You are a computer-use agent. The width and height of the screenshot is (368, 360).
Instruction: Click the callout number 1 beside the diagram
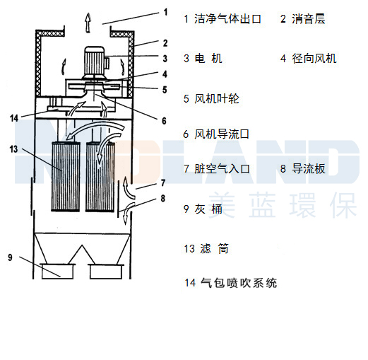[165, 12]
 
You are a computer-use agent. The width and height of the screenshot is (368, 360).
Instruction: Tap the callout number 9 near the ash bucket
[10, 257]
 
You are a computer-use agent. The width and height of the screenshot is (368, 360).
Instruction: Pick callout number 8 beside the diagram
[162, 199]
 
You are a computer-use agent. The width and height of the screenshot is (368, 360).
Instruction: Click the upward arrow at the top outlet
[87, 22]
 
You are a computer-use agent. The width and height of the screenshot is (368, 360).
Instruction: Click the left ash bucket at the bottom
[59, 269]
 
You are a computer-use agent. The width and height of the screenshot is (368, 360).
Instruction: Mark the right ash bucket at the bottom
[106, 269]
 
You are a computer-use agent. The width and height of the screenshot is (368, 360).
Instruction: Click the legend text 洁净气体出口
[227, 19]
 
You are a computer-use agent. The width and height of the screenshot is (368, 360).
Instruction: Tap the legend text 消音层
[309, 19]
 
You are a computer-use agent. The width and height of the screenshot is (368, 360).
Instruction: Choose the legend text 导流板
[309, 169]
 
